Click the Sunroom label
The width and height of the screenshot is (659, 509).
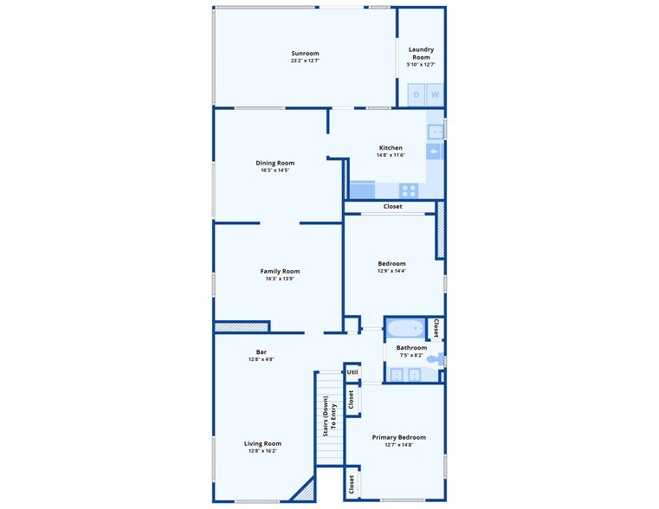point(305,54)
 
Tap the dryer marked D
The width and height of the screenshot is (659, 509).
point(416,94)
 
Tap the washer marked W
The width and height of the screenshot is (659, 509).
point(435,94)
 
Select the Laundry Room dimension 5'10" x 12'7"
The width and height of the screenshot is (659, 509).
point(421,64)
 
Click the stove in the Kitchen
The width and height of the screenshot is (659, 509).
point(409,189)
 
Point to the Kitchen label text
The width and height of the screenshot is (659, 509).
point(391,148)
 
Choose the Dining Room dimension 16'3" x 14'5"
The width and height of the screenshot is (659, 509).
point(275,171)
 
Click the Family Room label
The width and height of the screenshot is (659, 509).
point(280,271)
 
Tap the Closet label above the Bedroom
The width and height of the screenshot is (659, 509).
point(392,207)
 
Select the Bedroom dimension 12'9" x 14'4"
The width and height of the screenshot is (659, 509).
point(391,271)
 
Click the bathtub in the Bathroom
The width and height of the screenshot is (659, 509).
point(405,329)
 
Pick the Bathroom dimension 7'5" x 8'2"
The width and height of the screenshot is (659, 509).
point(411,355)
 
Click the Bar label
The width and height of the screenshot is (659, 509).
point(261,351)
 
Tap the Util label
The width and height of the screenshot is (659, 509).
point(352,372)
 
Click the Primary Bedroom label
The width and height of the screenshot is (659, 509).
point(398,437)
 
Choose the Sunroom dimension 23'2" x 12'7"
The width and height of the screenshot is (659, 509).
point(305,61)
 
